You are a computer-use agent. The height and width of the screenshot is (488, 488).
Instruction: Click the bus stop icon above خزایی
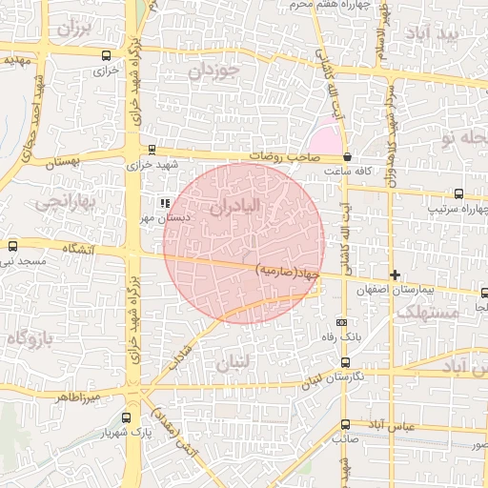105,55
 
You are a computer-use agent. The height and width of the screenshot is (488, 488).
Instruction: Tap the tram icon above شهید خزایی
152,149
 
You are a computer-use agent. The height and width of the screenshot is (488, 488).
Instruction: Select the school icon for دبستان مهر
165,202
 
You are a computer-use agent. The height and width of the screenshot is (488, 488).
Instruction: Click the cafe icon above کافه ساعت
347,156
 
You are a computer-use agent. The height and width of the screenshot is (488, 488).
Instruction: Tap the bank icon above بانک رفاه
344,322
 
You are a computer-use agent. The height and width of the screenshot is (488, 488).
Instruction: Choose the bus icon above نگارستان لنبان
345,362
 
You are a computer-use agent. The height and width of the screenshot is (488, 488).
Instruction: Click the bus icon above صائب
345,424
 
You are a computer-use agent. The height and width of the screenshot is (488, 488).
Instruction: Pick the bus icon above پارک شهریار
127,417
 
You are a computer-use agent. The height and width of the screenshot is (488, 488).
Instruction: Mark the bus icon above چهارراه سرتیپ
459,192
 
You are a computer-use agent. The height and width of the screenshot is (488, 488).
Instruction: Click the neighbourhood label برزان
77,28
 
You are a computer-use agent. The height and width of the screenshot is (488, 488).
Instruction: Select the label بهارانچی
63,202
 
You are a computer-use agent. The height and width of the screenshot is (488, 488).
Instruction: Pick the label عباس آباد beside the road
419,428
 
